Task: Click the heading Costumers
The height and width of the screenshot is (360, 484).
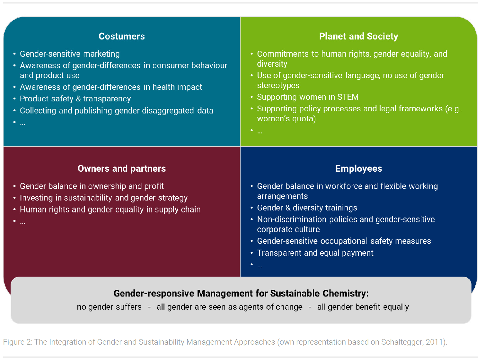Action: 121,36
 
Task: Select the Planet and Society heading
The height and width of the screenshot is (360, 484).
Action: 358,36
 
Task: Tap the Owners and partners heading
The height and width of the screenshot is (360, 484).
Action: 121,168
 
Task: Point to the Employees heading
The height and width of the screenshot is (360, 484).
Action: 358,168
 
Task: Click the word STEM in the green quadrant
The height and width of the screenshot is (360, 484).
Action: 348,97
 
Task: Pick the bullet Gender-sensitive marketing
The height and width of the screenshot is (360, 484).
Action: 70,54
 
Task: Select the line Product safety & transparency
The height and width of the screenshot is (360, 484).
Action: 75,99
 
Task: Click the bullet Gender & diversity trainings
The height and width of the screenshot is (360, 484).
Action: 307,208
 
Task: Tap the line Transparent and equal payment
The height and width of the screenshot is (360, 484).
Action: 315,253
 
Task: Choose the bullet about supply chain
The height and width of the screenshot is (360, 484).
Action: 110,210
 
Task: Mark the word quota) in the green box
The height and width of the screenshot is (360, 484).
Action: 304,119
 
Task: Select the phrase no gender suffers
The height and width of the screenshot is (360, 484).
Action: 109,307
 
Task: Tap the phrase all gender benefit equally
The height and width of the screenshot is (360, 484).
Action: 363,307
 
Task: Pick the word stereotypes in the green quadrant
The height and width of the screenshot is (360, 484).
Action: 278,86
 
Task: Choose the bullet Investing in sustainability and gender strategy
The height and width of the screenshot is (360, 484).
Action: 103,198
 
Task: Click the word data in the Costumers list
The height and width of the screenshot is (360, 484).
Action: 205,111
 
